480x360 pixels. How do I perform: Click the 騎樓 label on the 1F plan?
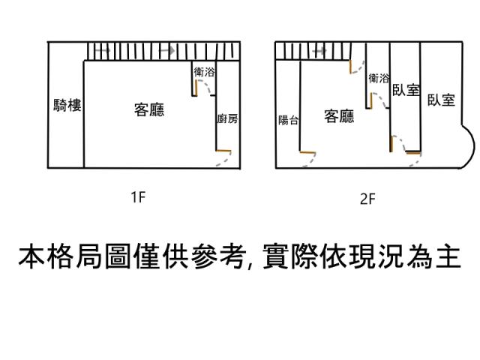click(67, 105)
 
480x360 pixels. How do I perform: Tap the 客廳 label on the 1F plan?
click(149, 110)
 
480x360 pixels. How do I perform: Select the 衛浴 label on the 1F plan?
click(204, 72)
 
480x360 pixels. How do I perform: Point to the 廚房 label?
click(227, 118)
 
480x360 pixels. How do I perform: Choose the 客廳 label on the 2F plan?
click(339, 116)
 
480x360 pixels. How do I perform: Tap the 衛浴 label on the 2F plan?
click(379, 78)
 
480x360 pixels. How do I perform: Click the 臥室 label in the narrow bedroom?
click(406, 90)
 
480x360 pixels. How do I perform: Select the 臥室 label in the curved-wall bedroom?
click(441, 100)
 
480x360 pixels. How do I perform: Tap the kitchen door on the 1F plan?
click(223, 159)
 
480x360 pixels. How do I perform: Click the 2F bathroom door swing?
click(379, 102)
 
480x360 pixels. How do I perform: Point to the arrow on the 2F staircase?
click(319, 50)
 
